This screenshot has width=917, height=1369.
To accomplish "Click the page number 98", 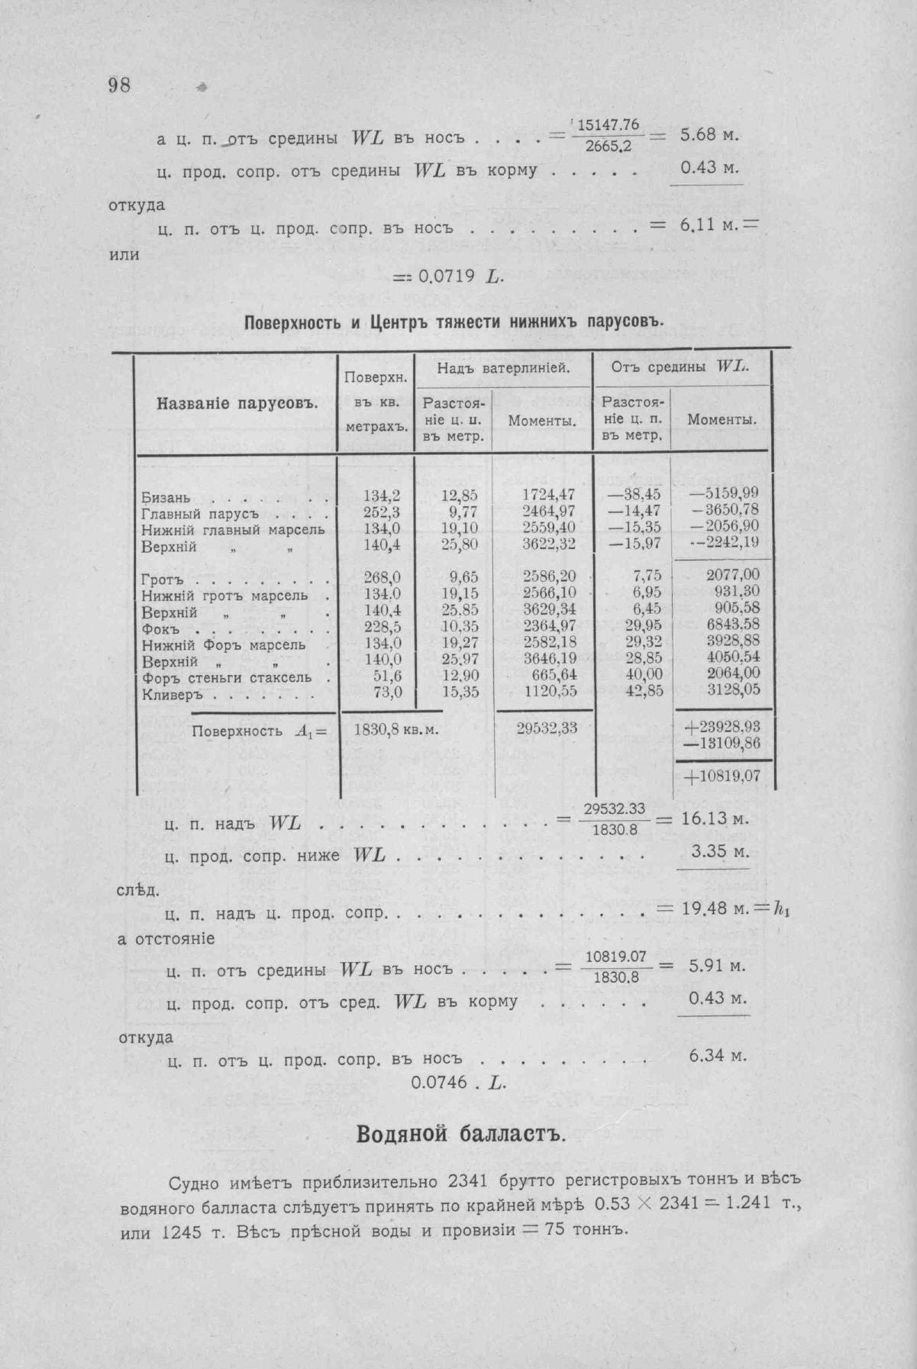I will (x=119, y=85).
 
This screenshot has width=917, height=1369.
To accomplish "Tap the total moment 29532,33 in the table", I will (x=547, y=728).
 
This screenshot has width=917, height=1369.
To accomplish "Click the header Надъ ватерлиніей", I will (x=504, y=369).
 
